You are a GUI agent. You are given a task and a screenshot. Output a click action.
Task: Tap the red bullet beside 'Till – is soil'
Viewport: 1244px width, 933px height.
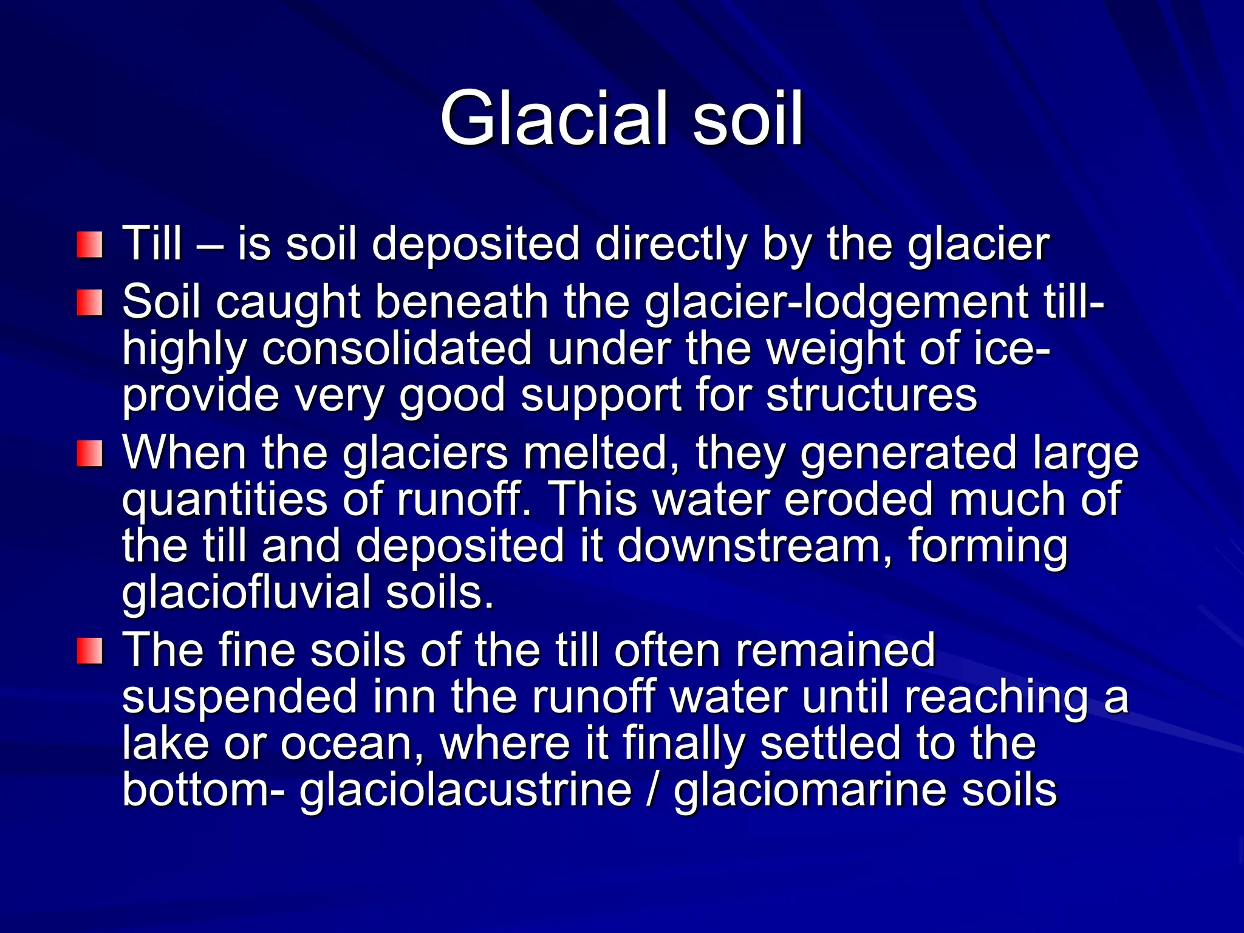pyautogui.click(x=89, y=245)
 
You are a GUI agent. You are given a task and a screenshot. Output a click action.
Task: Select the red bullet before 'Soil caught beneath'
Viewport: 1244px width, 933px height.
pyautogui.click(x=89, y=302)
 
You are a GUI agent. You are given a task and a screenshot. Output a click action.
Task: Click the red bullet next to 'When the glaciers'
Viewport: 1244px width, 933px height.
pyautogui.click(x=89, y=454)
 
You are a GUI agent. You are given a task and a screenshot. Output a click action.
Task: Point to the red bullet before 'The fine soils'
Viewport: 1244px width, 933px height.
pyautogui.click(x=89, y=651)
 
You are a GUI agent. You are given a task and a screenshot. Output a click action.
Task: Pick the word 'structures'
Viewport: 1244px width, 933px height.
pyautogui.click(x=871, y=395)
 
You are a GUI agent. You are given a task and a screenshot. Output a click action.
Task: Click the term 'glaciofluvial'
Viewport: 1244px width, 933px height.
pyautogui.click(x=246, y=592)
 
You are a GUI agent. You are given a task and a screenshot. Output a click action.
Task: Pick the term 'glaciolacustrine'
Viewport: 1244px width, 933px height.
pyautogui.click(x=465, y=790)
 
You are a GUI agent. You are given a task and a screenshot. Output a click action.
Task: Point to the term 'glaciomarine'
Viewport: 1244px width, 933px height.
pyautogui.click(x=810, y=790)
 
